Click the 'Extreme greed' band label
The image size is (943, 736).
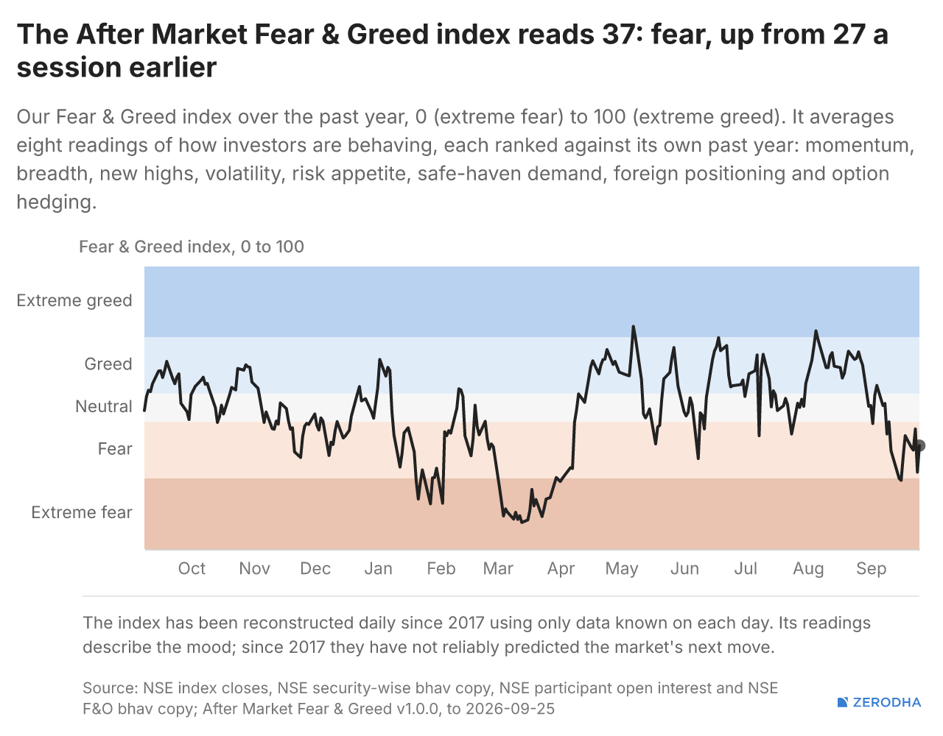tap(74, 300)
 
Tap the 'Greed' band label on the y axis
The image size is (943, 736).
tap(108, 364)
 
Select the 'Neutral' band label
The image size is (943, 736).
tap(103, 406)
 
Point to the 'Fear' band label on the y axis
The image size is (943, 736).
tap(115, 449)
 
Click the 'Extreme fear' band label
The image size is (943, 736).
tap(82, 512)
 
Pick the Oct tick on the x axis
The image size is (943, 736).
tap(192, 568)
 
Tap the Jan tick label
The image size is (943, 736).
tap(378, 568)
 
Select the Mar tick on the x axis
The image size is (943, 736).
tap(498, 568)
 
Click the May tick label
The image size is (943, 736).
tap(622, 569)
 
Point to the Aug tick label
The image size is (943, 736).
tap(808, 569)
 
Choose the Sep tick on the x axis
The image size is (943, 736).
tap(871, 569)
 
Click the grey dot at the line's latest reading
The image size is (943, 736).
tap(919, 445)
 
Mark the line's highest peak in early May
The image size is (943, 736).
tap(633, 326)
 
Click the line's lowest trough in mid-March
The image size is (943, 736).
tap(522, 523)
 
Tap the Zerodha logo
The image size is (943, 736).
tap(879, 702)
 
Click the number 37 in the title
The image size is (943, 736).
tap(618, 34)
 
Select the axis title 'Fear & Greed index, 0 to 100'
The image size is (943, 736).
tap(192, 247)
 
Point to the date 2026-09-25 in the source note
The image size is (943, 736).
tap(511, 709)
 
